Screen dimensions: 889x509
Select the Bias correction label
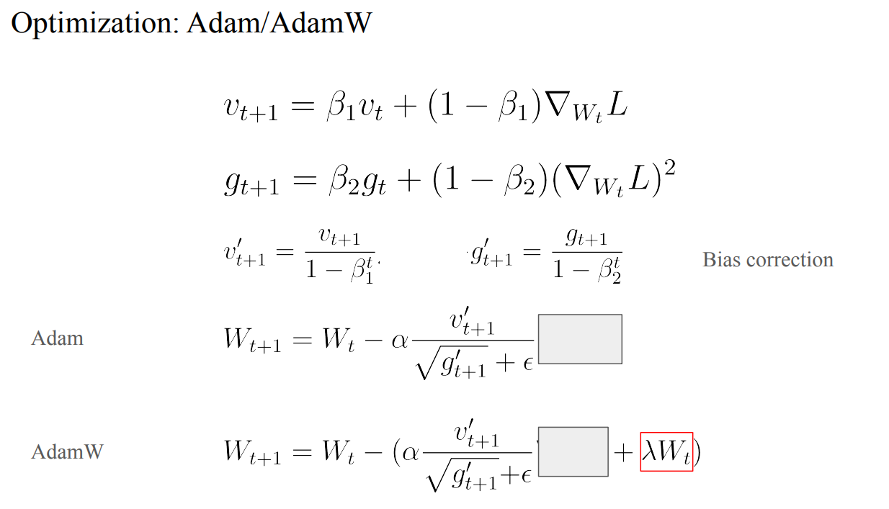point(767,259)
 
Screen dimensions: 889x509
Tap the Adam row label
point(57,338)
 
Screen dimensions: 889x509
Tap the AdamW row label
point(67,452)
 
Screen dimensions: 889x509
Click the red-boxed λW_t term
point(666,451)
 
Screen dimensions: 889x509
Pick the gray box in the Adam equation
point(580,338)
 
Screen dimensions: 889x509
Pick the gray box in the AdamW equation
point(573,451)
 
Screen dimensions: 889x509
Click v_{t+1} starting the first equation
point(250,109)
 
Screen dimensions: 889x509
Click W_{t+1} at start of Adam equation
point(252,339)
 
